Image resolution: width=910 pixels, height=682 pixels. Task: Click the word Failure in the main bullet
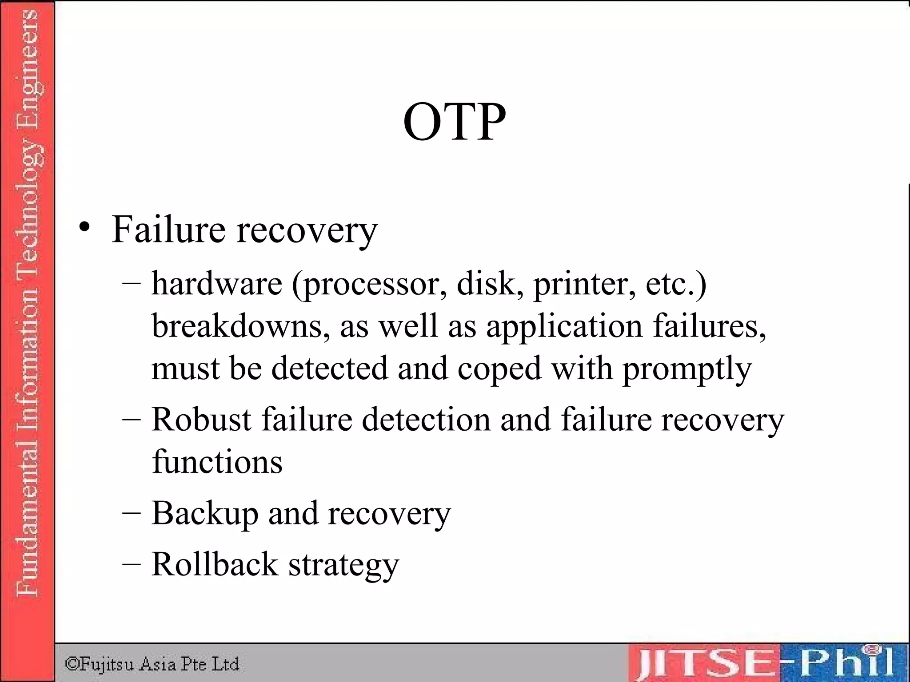[x=168, y=230]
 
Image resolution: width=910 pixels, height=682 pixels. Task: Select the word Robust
[x=201, y=419]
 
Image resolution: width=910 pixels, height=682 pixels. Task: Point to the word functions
[x=217, y=462]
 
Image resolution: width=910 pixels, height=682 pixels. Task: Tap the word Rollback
[x=215, y=564]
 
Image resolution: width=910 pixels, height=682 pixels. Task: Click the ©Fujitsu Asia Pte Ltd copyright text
[x=152, y=664]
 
